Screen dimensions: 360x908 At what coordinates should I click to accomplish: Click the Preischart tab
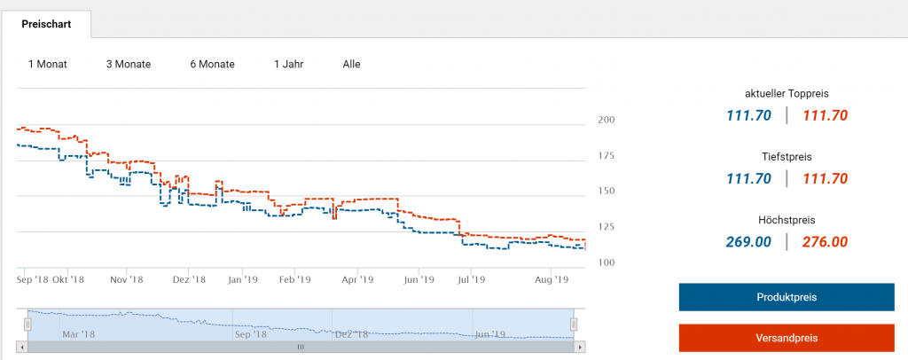[46, 24]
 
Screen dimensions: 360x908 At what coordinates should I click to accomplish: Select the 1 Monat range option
[48, 64]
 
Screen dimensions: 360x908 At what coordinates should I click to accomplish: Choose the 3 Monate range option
[129, 64]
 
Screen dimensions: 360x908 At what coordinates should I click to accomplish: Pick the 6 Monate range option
[212, 64]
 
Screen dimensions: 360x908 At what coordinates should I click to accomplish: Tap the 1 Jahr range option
[290, 64]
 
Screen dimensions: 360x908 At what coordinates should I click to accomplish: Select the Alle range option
[352, 64]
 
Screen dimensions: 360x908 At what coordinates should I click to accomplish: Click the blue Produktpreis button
[787, 297]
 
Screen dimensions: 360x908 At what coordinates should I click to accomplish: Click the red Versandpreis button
[787, 338]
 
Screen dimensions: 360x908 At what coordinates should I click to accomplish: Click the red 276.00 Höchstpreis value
[825, 241]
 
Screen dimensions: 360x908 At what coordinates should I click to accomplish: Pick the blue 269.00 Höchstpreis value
[749, 241]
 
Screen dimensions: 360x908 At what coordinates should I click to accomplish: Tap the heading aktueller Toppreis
[787, 93]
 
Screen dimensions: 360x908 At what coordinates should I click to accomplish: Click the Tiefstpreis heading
[787, 156]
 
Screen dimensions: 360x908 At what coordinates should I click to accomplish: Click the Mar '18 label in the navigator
[78, 334]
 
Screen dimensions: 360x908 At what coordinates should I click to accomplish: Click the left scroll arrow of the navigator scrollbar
[22, 347]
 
